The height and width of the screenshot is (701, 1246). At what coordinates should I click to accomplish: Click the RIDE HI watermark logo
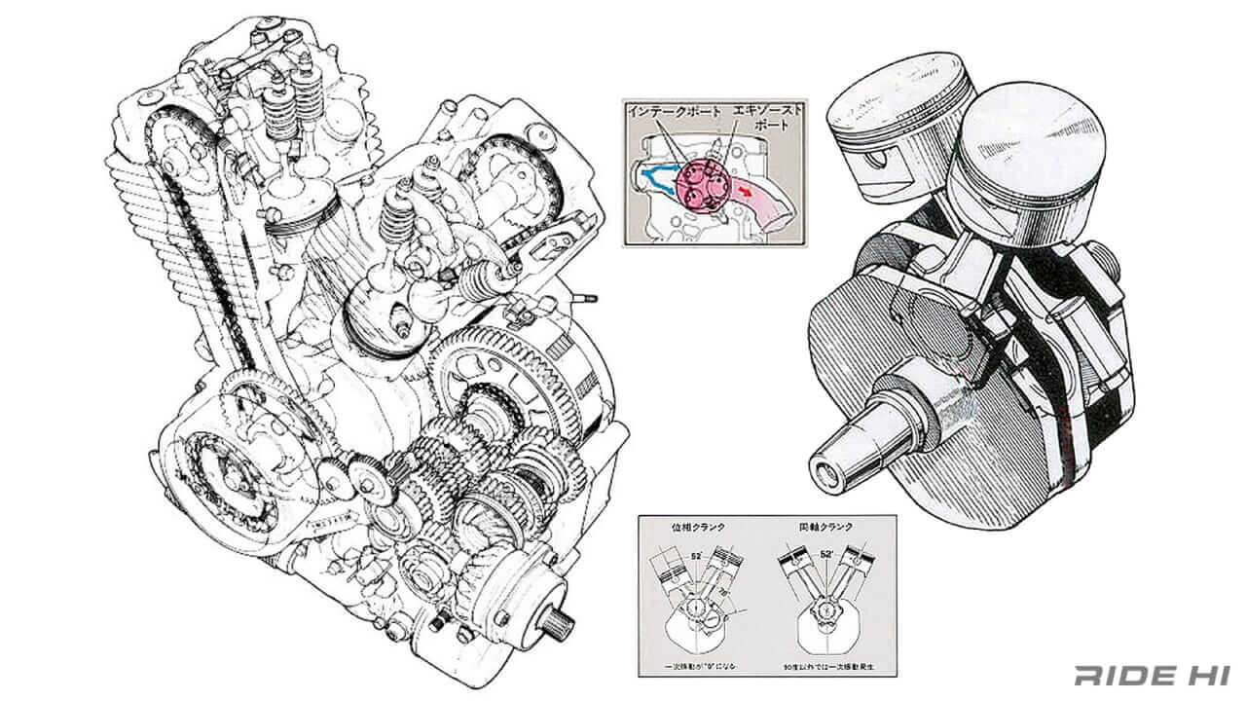click(x=1153, y=675)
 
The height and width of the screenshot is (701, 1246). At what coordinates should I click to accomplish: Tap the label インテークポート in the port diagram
click(x=673, y=113)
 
